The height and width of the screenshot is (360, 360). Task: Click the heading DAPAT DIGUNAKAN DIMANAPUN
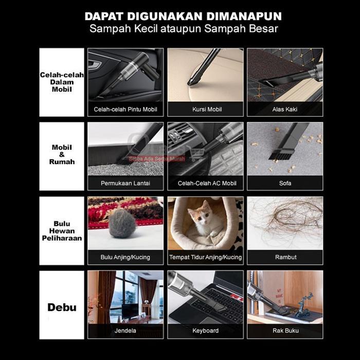(183, 16)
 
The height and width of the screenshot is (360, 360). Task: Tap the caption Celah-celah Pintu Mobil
(125, 110)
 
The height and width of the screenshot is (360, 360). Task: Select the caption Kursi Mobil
(205, 110)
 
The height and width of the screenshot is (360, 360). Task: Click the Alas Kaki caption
(285, 110)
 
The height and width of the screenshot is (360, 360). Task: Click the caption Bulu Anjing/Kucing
(125, 257)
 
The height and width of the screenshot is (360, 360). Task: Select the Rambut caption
(285, 257)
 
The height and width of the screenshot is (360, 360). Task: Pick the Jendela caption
(125, 331)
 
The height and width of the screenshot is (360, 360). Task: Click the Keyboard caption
(205, 331)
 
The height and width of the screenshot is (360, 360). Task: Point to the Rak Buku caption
(285, 331)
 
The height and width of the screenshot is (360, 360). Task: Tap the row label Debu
(62, 308)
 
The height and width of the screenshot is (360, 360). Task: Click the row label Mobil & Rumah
(62, 154)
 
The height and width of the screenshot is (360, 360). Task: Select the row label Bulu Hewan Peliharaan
(62, 231)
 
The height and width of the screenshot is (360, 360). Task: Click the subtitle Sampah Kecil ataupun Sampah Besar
(183, 29)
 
